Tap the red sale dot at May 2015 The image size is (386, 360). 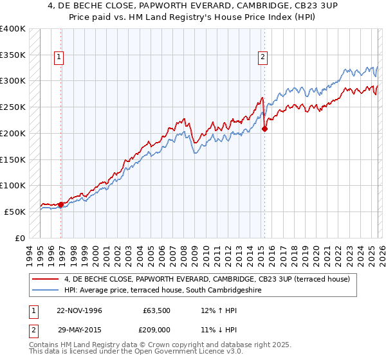tap(264, 129)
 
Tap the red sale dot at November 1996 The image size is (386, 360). tap(61, 204)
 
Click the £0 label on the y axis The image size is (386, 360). tap(21, 238)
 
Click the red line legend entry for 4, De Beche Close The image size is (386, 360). tap(207, 279)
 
